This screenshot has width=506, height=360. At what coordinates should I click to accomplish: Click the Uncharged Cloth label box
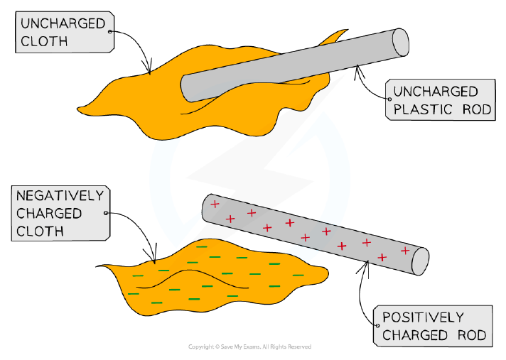click(x=65, y=32)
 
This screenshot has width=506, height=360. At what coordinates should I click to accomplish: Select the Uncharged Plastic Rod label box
click(x=440, y=100)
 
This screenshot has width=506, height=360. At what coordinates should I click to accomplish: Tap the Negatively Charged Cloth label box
click(x=60, y=213)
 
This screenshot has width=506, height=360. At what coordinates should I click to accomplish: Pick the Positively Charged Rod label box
click(x=433, y=326)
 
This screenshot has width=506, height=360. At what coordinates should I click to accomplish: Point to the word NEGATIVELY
click(x=60, y=196)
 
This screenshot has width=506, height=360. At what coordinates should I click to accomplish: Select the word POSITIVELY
click(x=423, y=317)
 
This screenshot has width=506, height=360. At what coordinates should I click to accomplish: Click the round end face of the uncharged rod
click(x=401, y=43)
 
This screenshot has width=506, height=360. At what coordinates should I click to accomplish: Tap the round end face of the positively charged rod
click(x=421, y=261)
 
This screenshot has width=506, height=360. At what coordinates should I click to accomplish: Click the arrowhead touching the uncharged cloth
click(x=149, y=68)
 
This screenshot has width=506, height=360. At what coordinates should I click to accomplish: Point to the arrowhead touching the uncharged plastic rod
click(x=358, y=71)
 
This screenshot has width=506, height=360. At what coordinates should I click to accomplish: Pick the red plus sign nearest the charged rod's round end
click(x=405, y=250)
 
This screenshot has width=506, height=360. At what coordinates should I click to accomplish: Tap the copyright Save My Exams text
click(x=249, y=347)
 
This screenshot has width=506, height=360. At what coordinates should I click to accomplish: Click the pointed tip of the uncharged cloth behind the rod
click(x=348, y=30)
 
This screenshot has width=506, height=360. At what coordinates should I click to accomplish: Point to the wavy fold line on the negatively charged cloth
click(x=193, y=279)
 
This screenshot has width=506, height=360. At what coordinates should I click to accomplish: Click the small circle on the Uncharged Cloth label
click(x=109, y=31)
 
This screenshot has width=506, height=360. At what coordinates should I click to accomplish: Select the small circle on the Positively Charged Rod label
click(x=378, y=325)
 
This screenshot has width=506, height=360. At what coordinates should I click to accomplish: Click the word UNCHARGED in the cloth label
click(x=63, y=23)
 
